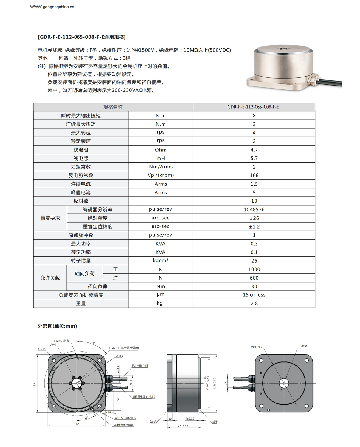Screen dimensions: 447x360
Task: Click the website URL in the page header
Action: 52,7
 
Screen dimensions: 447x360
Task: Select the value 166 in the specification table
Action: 254,176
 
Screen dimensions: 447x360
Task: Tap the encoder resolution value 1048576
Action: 254,210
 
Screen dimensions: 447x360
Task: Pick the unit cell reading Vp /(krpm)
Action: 161,175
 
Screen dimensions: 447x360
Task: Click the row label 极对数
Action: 81,201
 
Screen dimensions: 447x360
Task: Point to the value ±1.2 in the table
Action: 254,227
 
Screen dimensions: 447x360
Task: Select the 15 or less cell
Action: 254,295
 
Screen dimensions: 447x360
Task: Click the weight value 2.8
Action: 254,303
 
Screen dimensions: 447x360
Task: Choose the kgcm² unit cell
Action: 161,260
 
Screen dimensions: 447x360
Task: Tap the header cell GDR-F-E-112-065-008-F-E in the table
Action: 253,107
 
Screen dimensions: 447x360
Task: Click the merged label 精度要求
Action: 50,218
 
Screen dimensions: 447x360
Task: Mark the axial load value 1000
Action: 254,269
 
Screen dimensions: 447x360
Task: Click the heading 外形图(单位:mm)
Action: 57,326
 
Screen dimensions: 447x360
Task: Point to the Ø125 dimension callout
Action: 120,356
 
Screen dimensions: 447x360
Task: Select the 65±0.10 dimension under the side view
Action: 183,426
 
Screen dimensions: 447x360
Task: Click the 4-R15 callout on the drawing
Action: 42,349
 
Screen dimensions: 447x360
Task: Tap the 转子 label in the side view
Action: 215,422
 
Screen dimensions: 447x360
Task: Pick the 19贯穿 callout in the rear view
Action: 303,346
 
